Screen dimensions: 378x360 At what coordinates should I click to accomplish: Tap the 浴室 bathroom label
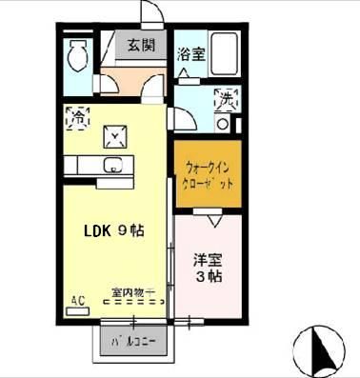(x=190, y=55)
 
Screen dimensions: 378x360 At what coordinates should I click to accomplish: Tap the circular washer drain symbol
(x=223, y=123)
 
